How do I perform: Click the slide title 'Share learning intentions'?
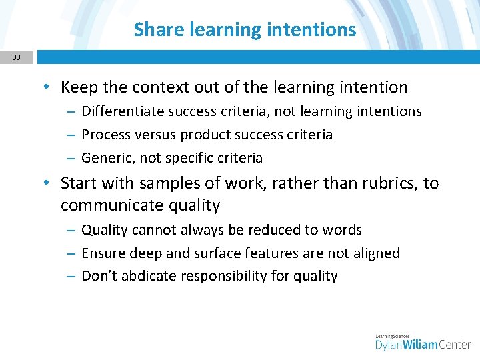245,29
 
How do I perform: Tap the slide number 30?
16,58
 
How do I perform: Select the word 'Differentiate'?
119,111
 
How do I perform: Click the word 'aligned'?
375,253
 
